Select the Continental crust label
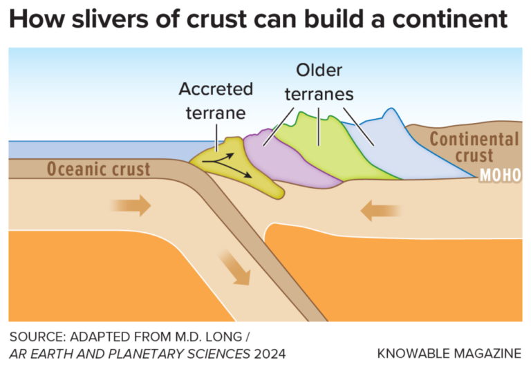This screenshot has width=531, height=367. [474, 147]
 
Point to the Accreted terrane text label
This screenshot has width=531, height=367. [216, 100]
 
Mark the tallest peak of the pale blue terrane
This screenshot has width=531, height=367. [392, 110]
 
